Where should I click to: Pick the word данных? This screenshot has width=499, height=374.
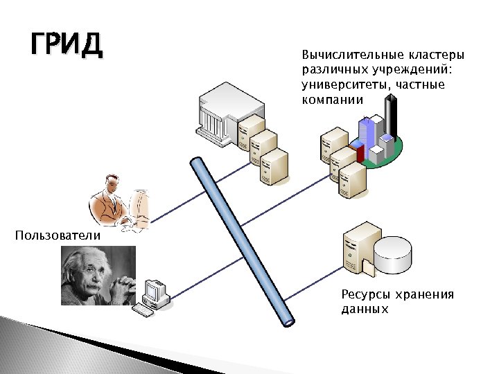[365, 310]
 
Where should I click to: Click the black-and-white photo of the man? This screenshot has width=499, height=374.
[97, 276]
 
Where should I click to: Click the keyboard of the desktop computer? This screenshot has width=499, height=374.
[143, 311]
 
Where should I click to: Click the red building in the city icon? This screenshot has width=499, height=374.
[358, 152]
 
